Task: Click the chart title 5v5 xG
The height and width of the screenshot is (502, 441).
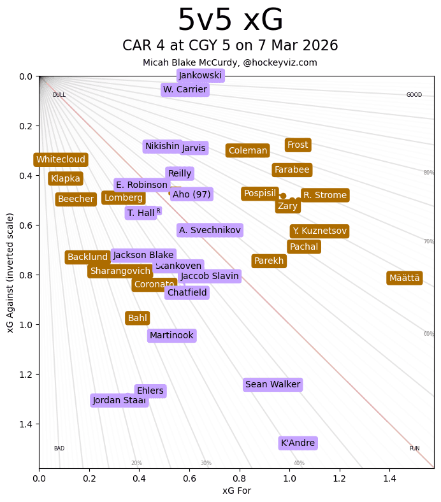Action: click(230, 20)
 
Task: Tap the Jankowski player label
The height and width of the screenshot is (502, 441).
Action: click(200, 75)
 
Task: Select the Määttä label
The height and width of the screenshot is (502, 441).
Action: click(404, 278)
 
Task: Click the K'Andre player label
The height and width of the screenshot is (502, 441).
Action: click(298, 443)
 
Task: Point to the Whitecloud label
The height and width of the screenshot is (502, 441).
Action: click(61, 160)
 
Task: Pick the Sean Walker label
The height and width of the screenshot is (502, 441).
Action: click(273, 384)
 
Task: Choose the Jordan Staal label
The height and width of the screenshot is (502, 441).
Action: click(119, 401)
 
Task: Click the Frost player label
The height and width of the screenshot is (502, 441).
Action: click(298, 145)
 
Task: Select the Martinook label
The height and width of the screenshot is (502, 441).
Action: click(171, 335)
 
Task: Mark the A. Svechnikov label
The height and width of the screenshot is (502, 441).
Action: click(210, 230)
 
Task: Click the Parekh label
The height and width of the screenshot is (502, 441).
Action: click(269, 261)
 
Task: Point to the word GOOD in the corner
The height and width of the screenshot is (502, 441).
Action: click(414, 95)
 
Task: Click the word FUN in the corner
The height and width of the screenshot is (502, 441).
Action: click(414, 448)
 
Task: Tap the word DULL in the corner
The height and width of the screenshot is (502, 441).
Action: click(59, 95)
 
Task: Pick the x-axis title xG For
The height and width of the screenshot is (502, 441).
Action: click(236, 491)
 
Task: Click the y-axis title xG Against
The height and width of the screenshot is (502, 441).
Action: click(10, 273)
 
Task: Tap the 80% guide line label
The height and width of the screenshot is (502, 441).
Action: click(429, 173)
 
